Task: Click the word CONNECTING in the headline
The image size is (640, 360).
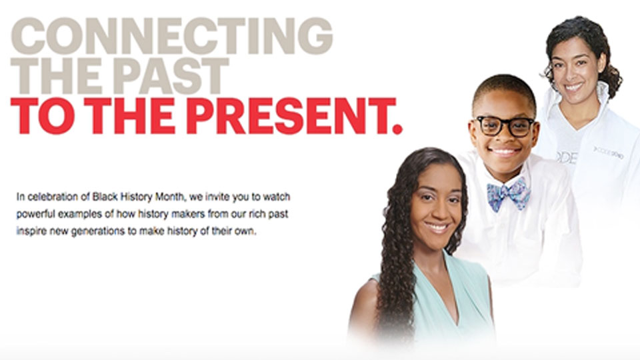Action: coord(172,36)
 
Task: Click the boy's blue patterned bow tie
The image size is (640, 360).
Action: coord(509,193)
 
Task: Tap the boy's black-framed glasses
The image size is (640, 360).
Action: coord(505,126)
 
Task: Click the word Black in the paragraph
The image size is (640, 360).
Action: coord(105,197)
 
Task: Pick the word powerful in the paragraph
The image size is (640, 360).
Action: coord(35,215)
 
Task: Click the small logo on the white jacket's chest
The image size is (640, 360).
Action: coord(609,152)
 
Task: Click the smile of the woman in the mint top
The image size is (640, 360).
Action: coord(437,227)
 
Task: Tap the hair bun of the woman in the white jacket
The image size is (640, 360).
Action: coord(611,81)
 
